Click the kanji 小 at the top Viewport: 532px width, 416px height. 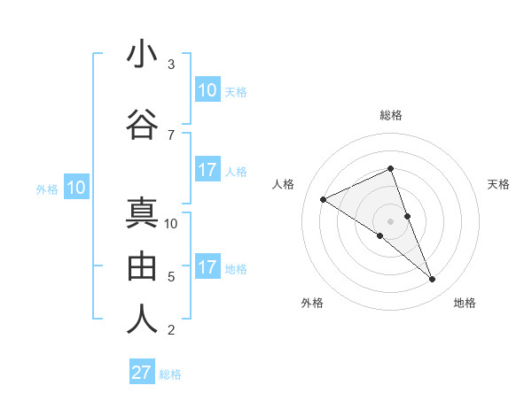142,55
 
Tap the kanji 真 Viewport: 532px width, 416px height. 142,214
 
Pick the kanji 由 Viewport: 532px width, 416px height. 142,266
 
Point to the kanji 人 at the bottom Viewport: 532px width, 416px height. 142,320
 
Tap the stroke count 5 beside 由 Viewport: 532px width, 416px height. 171,277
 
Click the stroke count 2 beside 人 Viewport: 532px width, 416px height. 171,330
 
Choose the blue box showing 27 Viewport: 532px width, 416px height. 142,373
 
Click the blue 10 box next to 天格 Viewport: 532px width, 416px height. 207,89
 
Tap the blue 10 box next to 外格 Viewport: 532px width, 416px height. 75,187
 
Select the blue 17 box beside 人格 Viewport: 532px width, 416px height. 207,170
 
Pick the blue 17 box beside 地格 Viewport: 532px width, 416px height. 207,267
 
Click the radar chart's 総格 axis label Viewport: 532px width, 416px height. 390,115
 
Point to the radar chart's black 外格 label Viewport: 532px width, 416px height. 312,303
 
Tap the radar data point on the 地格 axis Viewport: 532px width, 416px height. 433,280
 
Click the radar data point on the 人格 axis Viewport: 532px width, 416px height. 323,199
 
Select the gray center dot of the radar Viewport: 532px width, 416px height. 390,220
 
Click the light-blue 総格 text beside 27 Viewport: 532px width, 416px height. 170,374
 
